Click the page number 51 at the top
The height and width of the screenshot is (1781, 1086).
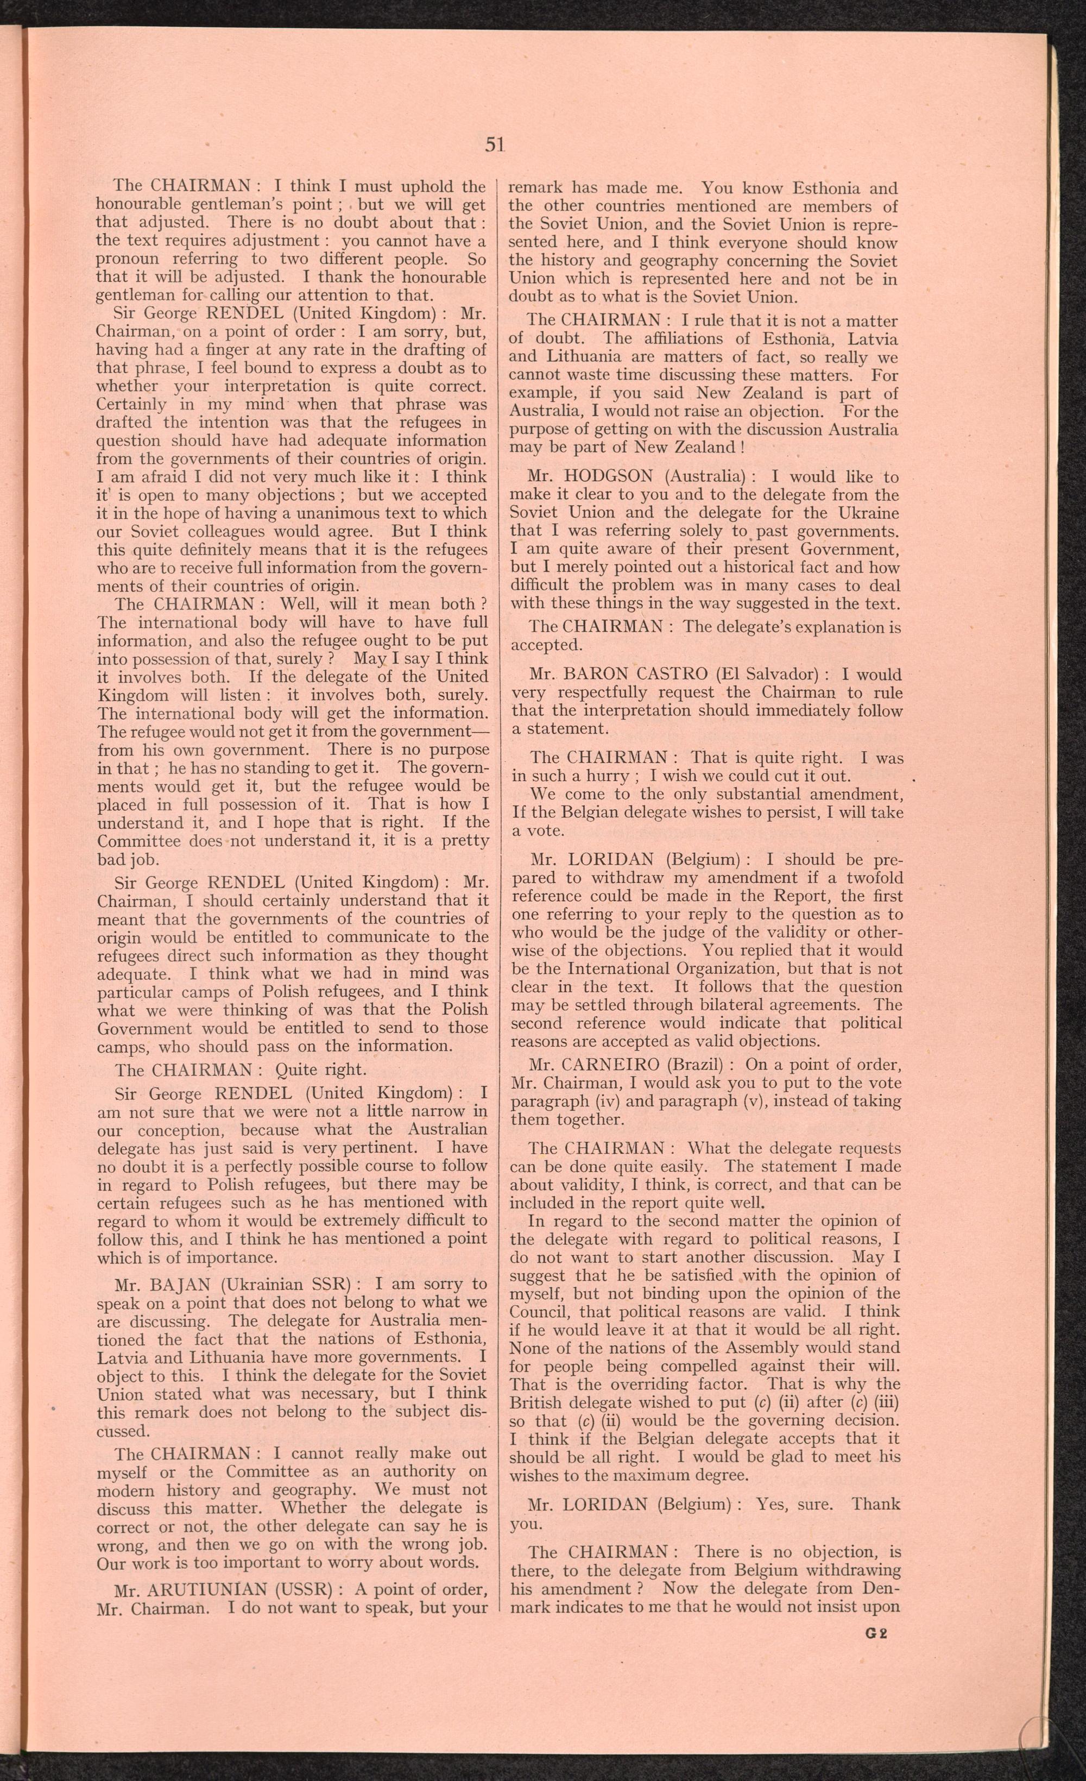(x=494, y=144)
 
